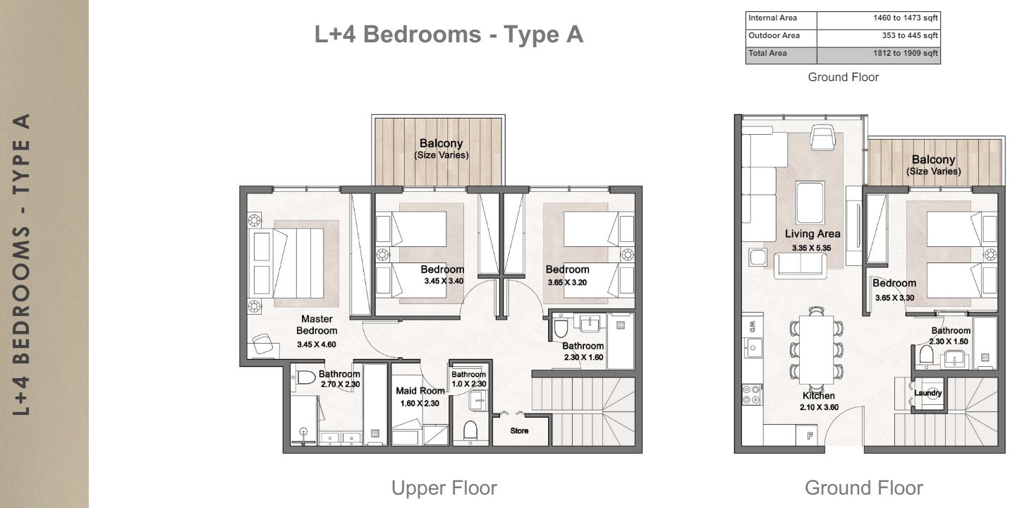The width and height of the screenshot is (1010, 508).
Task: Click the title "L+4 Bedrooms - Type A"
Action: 449,35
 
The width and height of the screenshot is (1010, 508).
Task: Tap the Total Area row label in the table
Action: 768,53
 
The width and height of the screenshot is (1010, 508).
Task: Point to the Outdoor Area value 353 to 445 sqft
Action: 905,35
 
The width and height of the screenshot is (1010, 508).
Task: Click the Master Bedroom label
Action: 317,325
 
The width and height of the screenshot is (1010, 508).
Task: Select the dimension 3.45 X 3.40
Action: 444,281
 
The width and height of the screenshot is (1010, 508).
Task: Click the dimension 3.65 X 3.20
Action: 567,282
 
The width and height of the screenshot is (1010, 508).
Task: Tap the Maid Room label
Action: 420,391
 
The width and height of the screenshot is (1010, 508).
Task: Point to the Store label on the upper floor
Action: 519,430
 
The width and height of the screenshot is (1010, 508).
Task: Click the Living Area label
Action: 813,234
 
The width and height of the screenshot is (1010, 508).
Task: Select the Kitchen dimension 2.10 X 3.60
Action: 818,407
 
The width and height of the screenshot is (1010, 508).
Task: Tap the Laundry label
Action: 927,393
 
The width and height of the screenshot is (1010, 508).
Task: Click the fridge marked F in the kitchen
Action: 810,436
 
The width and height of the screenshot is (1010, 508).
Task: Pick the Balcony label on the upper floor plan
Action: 441,144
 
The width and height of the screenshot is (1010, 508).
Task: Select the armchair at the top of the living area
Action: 822,137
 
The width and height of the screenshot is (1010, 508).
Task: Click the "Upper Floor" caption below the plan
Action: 444,488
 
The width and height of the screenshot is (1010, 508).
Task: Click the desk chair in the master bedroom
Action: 263,344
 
